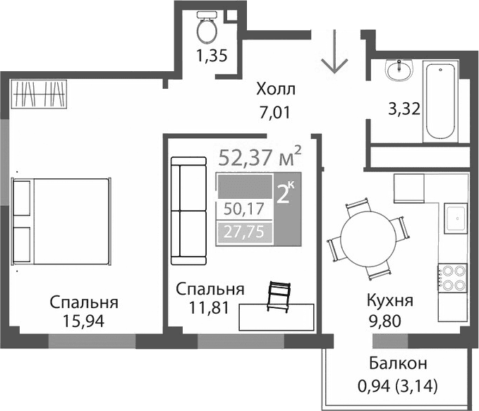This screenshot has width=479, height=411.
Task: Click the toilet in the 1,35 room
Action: click(x=207, y=28)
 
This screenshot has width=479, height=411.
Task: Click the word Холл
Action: click(x=276, y=90)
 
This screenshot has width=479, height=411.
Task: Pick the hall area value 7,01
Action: click(x=275, y=111)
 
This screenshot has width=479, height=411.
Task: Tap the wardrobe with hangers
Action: click(x=41, y=93)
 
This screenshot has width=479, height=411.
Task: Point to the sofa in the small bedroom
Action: click(x=188, y=210)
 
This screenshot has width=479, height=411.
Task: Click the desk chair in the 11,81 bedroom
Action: click(x=280, y=295)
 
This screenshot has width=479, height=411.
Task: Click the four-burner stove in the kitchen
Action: click(x=451, y=276)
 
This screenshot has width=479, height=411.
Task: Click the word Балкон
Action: click(x=398, y=364)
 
